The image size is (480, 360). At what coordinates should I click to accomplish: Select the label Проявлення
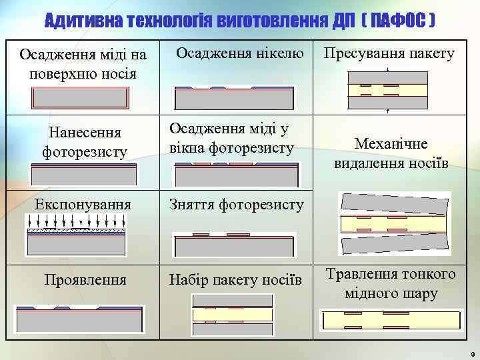tap(85, 279)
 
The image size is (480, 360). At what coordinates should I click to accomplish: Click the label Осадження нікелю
tap(240, 53)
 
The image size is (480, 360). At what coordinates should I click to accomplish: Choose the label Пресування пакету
tap(389, 53)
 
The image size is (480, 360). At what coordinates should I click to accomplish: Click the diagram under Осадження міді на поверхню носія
tap(81, 98)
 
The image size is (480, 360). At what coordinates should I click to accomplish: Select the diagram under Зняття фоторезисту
tap(233, 245)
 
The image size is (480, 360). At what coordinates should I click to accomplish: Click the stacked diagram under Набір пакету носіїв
tap(233, 315)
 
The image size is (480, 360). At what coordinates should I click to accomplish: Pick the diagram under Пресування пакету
tap(387, 91)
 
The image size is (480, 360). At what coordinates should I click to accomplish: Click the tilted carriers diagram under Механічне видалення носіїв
tap(386, 223)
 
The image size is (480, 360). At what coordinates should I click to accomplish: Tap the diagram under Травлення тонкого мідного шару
tap(387, 319)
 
